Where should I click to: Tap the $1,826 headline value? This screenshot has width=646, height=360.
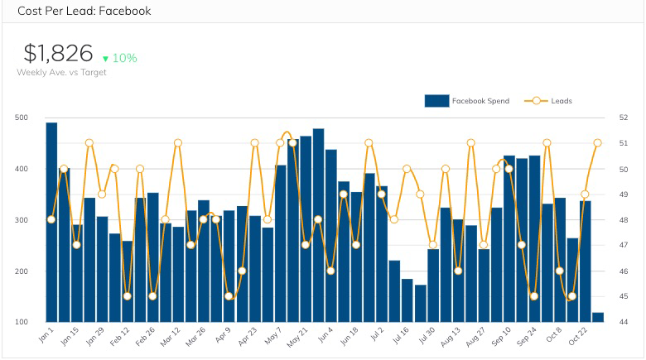coord(57,54)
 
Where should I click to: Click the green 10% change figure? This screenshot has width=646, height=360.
coord(125,58)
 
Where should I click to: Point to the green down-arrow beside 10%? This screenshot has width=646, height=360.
coord(105,59)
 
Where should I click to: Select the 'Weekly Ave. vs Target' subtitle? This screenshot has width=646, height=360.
coord(61,72)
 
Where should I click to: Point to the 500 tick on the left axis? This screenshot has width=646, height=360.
coord(22,118)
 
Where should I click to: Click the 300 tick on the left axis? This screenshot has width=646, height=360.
coord(22,220)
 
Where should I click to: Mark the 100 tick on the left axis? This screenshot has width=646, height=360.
coord(22,322)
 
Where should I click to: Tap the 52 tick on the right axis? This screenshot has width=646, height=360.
coord(623,118)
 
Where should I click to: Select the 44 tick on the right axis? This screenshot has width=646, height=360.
coord(623,322)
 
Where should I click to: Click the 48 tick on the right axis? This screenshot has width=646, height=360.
coord(623,220)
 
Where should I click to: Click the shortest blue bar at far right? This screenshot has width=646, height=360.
coord(598,318)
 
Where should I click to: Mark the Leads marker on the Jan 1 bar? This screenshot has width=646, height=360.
coord(51,219)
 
